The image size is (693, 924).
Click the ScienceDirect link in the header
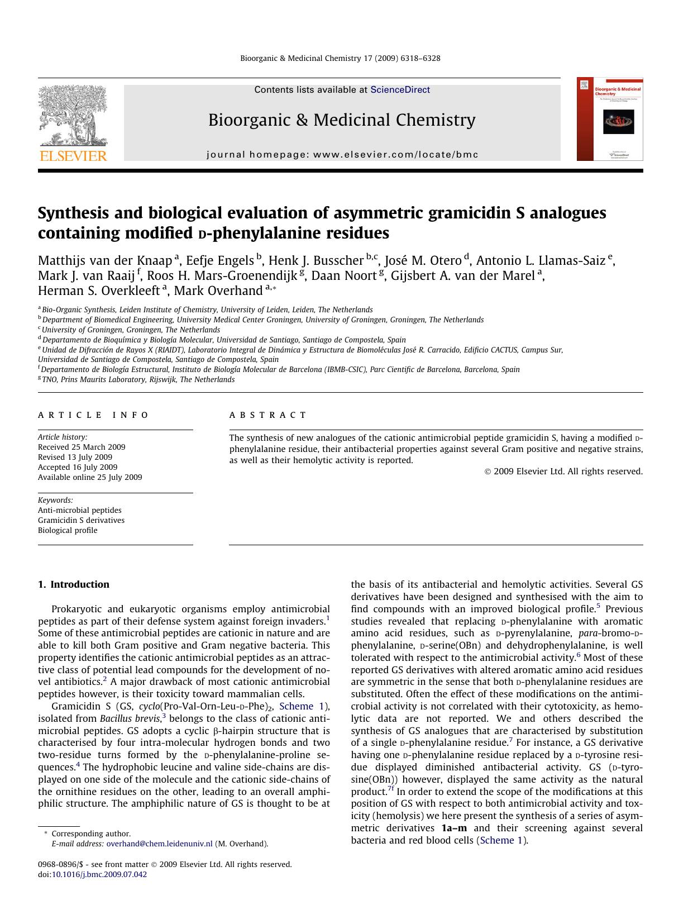tap(400, 89)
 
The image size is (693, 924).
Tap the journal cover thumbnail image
tap(610, 119)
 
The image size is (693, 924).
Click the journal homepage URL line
tap(342, 155)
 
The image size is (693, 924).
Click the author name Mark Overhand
tap(218, 291)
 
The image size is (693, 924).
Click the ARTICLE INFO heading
tap(93, 415)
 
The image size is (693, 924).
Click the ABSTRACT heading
tap(267, 415)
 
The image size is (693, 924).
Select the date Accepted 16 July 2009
tap(78, 467)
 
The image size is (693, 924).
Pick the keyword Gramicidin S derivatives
tap(81, 520)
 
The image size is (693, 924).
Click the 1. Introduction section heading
tap(74, 584)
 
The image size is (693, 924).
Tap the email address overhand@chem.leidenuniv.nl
tap(159, 844)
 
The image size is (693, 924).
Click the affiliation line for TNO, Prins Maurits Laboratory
tap(138, 379)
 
